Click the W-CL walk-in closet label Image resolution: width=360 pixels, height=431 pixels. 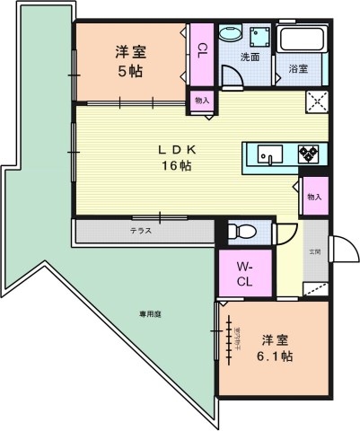pyautogui.click(x=245, y=274)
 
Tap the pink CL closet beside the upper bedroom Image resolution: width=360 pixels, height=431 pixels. pyautogui.click(x=201, y=49)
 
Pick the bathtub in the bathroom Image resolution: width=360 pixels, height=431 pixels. pyautogui.click(x=303, y=40)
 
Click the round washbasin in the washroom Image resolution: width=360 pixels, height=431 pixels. pyautogui.click(x=228, y=35)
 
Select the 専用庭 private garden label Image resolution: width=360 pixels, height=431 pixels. pyautogui.click(x=150, y=314)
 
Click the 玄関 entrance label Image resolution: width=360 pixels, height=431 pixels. pyautogui.click(x=316, y=251)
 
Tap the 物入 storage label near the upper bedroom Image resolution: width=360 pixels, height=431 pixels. pyautogui.click(x=201, y=101)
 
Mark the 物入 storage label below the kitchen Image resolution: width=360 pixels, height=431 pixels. pyautogui.click(x=313, y=196)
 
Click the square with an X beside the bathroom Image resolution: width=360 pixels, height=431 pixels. pyautogui.click(x=316, y=101)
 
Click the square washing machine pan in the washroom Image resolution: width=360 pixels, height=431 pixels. pyautogui.click(x=262, y=35)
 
